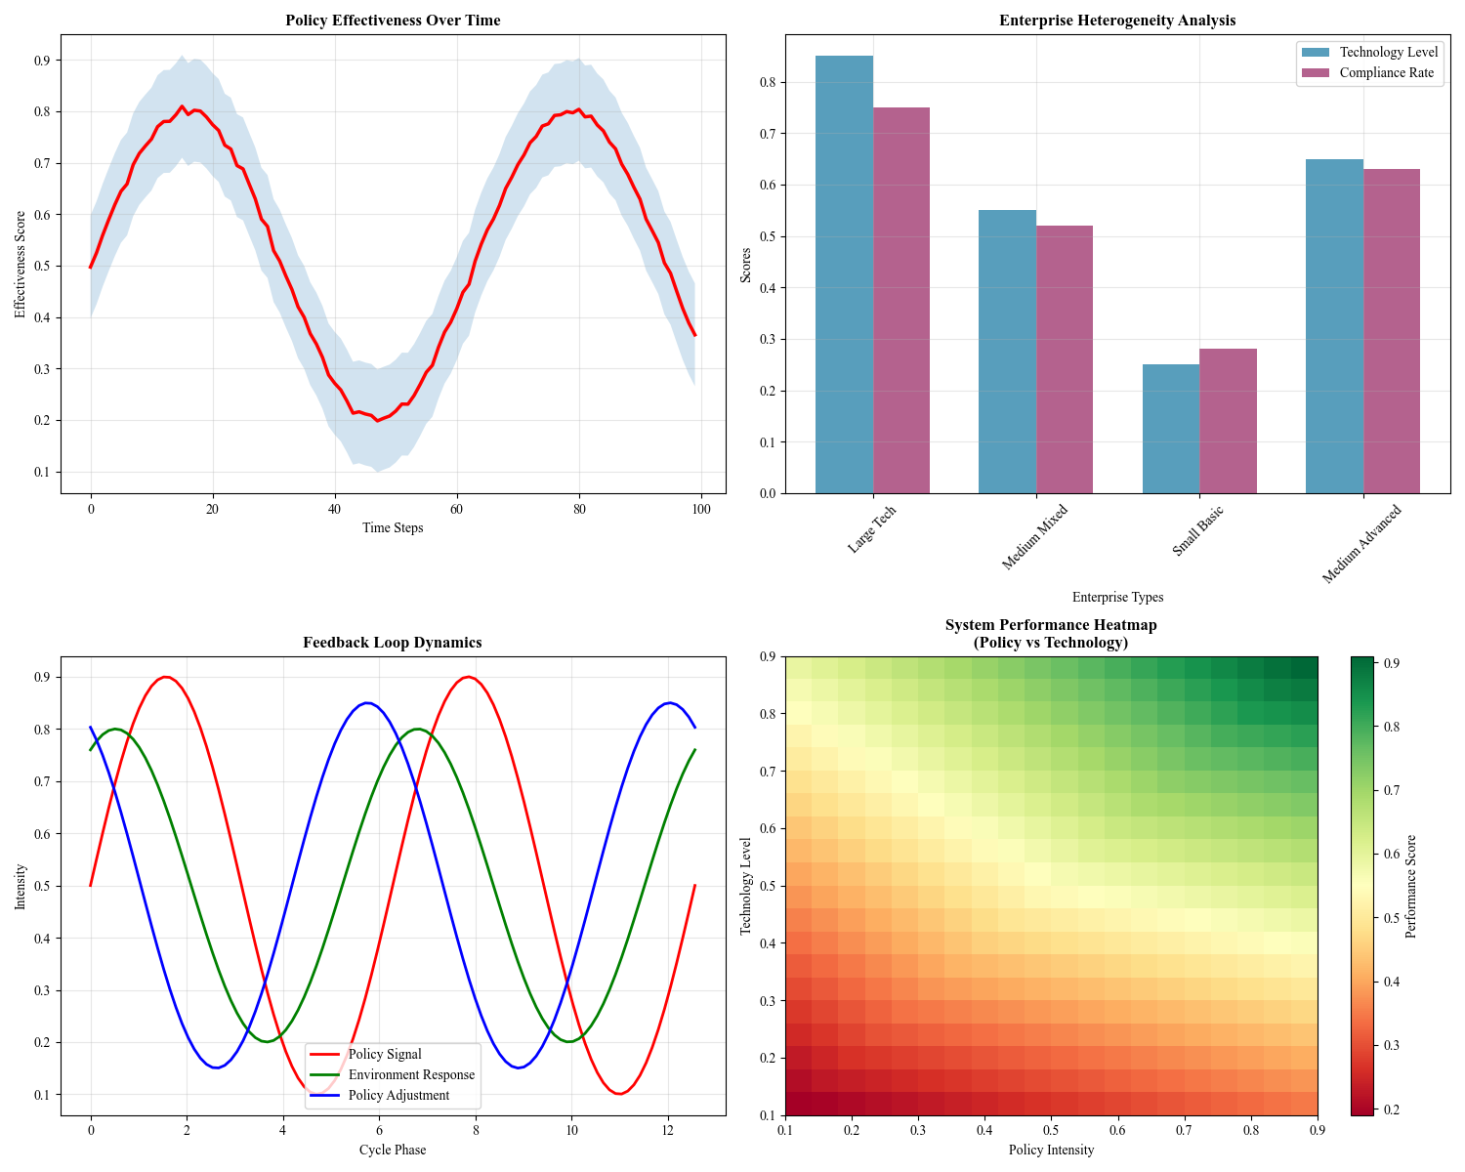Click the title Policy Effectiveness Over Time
click(393, 21)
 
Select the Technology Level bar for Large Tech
click(844, 274)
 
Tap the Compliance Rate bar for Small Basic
click(1228, 421)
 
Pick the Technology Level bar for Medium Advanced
click(1334, 326)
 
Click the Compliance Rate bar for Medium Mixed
click(1065, 359)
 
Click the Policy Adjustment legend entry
click(398, 1095)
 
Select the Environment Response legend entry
click(411, 1074)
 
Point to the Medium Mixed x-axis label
click(1035, 537)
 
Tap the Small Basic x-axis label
click(1198, 532)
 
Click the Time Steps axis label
click(393, 527)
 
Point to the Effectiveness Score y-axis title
click(21, 265)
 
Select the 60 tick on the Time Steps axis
click(456, 509)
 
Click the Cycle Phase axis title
click(393, 1150)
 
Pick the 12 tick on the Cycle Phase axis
click(668, 1131)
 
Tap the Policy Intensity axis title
click(1051, 1150)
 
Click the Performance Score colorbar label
click(1410, 886)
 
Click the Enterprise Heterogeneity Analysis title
click(1117, 21)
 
